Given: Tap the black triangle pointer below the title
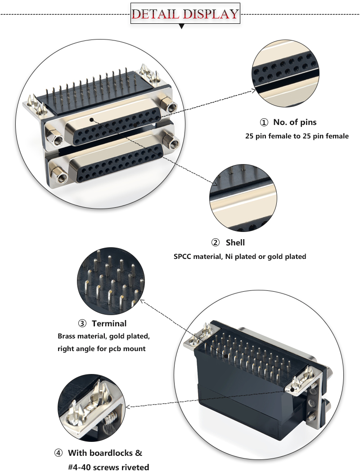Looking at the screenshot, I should click(x=182, y=27).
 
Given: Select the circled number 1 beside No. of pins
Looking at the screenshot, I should click(x=264, y=122).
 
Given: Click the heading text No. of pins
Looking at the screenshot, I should click(x=295, y=122).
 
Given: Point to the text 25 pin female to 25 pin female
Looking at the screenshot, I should click(x=297, y=136).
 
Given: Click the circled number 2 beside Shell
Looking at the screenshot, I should click(x=216, y=243).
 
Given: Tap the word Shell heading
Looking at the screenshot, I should click(x=235, y=243).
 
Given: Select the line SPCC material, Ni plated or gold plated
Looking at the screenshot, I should click(x=240, y=257).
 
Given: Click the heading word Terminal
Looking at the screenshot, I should click(x=109, y=323).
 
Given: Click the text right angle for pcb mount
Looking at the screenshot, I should click(x=101, y=348).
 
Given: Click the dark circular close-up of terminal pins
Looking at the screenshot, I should click(x=111, y=282).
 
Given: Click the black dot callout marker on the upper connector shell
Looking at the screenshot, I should click(x=91, y=120).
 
